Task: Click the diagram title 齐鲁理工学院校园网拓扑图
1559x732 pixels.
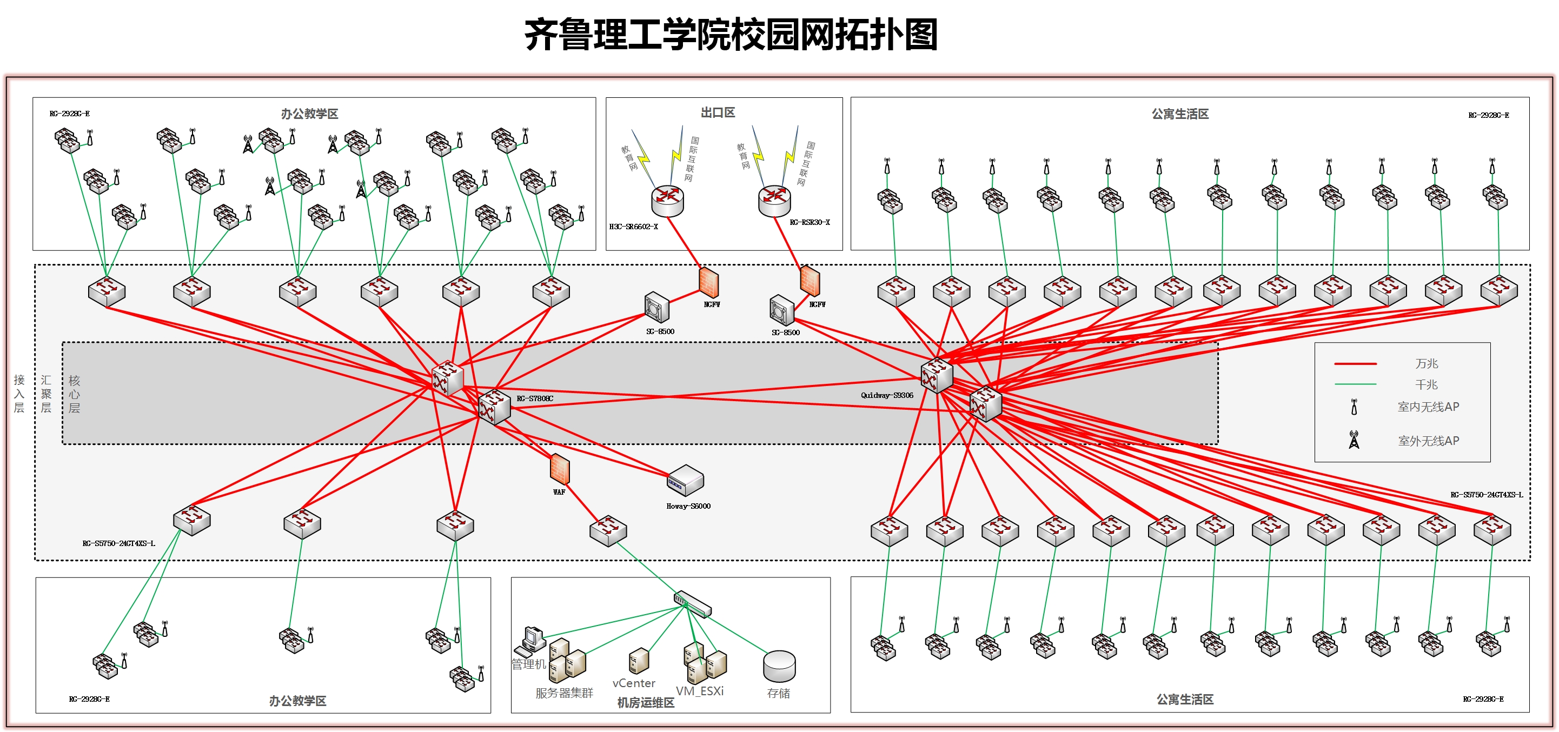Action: point(731,35)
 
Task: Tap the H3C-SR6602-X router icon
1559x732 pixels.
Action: point(667,200)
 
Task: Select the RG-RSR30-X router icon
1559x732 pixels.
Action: point(774,200)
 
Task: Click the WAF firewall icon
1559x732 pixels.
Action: point(560,469)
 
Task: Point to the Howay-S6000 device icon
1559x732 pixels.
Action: point(685,480)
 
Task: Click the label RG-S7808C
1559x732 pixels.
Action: point(534,398)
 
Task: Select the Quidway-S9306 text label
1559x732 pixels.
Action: point(887,395)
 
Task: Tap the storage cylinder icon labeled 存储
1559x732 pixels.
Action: point(779,666)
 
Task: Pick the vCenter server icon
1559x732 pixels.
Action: point(639,661)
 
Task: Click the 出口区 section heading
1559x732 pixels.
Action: point(718,112)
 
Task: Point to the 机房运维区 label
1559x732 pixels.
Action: point(646,702)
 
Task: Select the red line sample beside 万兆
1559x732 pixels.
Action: point(1355,364)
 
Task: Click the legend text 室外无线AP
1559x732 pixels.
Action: point(1428,441)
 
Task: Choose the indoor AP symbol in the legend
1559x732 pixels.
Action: point(1355,407)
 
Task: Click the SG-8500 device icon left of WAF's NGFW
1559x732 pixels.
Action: point(656,307)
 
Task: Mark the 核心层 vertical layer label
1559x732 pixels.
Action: point(75,394)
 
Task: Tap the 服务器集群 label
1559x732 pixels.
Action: point(564,693)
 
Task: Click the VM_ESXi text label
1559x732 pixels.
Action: point(700,691)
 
